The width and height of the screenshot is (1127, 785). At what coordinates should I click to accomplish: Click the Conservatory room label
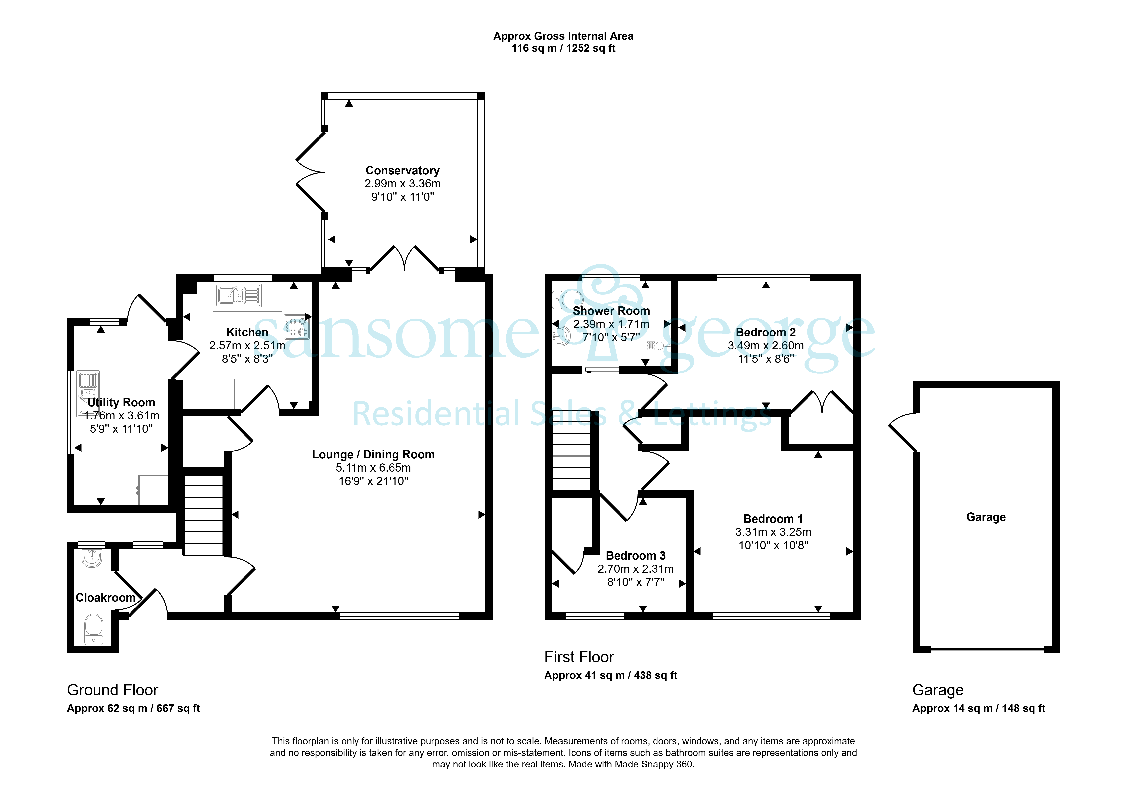(402, 170)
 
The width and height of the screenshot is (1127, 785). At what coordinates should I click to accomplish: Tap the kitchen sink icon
(238, 295)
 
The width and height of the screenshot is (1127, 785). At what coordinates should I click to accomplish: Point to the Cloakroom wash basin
(92, 558)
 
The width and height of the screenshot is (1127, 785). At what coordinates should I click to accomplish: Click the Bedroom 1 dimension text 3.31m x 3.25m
(773, 532)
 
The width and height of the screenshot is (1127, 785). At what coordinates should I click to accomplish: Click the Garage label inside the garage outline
(986, 517)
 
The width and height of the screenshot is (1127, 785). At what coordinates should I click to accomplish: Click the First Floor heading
(579, 657)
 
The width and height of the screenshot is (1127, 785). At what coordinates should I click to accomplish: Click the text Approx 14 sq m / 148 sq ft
(979, 708)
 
